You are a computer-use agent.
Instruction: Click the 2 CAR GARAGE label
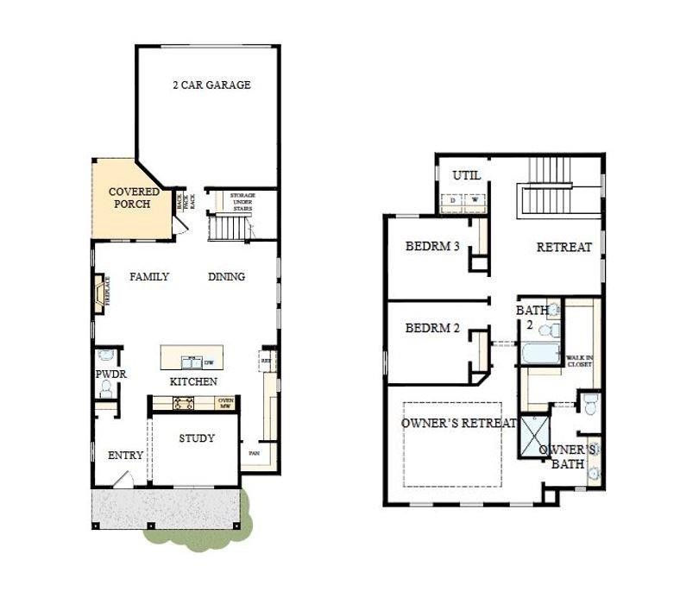tap(211, 85)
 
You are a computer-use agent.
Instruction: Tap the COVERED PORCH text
tap(129, 198)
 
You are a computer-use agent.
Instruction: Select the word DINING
tap(226, 277)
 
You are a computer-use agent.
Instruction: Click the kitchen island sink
tap(189, 362)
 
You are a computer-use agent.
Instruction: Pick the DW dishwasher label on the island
tap(208, 363)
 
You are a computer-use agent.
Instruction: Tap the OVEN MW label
tap(225, 403)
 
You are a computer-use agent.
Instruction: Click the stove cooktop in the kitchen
tap(183, 402)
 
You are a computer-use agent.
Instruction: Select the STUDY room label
tap(197, 438)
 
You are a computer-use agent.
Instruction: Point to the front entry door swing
tap(124, 478)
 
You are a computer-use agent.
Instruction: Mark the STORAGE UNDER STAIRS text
tap(242, 202)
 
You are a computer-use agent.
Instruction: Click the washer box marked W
tap(474, 200)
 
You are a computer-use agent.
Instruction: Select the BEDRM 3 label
tap(431, 247)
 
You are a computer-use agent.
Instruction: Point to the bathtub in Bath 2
tap(539, 354)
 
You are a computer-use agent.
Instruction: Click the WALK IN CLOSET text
tap(579, 361)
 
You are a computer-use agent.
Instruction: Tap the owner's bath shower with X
tap(533, 434)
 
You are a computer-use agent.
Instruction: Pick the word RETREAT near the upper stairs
tap(564, 248)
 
